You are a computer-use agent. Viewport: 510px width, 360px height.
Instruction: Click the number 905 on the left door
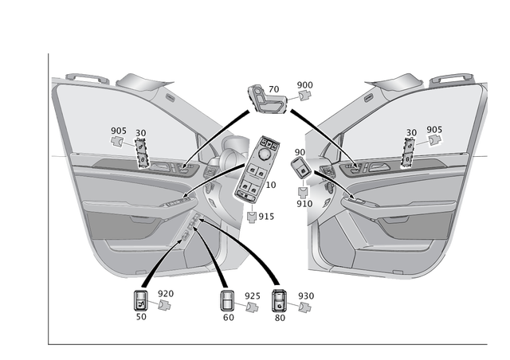(x=118, y=131)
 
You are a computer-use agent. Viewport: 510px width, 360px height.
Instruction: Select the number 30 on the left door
(x=141, y=133)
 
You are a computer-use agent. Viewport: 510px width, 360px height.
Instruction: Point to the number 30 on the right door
(x=411, y=133)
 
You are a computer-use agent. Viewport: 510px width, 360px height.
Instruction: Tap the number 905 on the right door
(x=434, y=130)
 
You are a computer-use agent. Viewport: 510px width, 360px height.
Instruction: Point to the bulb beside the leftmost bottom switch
(x=165, y=303)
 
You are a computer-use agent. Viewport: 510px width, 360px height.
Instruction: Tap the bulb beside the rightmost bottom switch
(x=302, y=305)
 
